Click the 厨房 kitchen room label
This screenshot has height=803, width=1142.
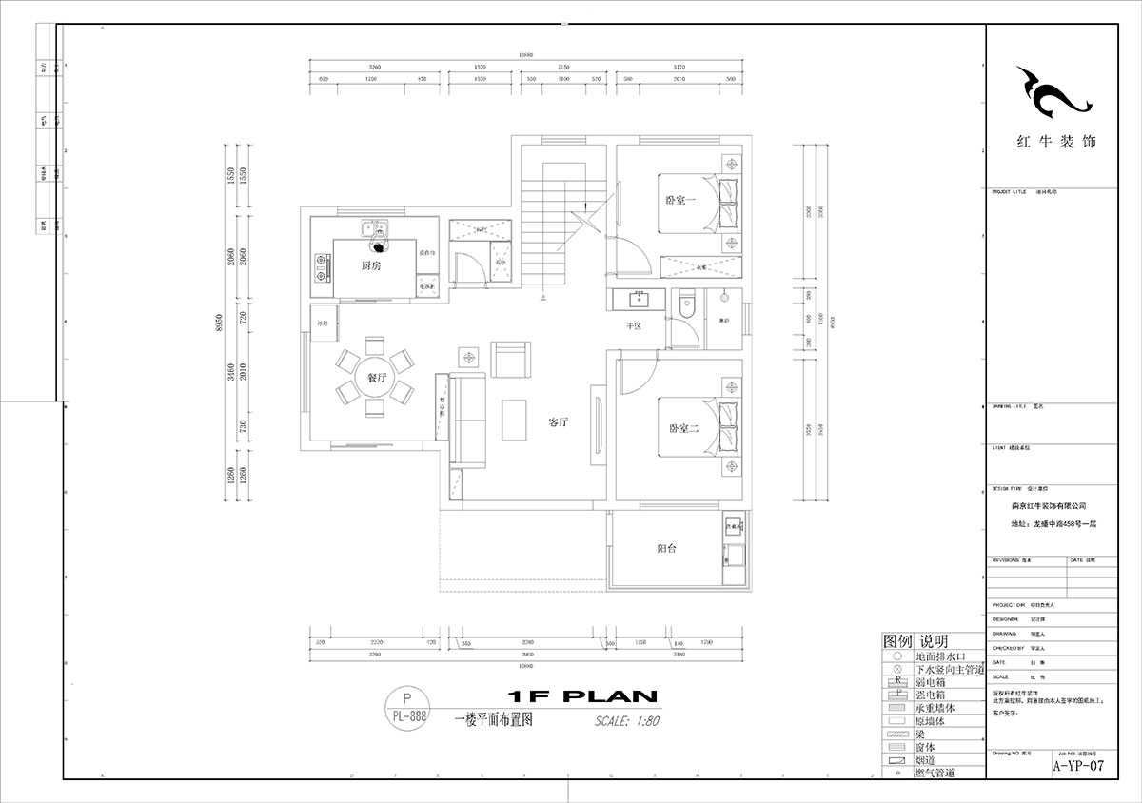coord(371,266)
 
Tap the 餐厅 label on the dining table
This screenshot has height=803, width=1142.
coord(376,378)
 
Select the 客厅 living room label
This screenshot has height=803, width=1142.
coord(558,421)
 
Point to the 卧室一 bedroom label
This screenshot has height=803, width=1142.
coord(680,201)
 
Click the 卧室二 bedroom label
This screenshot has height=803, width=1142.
coord(681,429)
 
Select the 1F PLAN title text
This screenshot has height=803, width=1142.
coord(577,696)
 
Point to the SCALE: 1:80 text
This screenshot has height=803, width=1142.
coord(626,720)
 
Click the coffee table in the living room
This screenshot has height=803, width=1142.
coord(515,420)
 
